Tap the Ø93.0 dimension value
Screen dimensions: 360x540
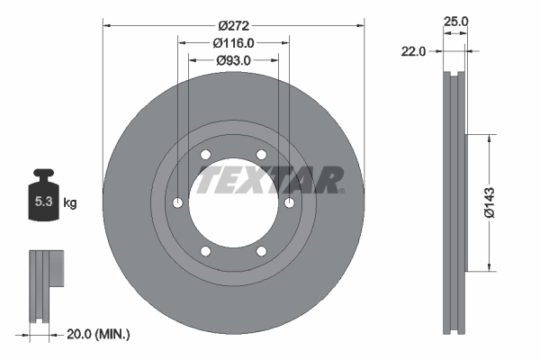click(x=233, y=60)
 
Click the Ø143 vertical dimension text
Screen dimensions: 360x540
click(x=490, y=202)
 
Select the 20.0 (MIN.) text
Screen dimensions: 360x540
click(x=99, y=334)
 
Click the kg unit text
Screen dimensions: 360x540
click(x=69, y=203)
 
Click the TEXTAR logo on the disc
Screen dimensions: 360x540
click(x=270, y=179)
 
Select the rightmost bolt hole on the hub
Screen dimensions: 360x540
click(x=289, y=202)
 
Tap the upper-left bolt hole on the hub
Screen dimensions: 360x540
click(x=205, y=155)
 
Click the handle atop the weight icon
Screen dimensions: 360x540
click(x=43, y=175)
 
